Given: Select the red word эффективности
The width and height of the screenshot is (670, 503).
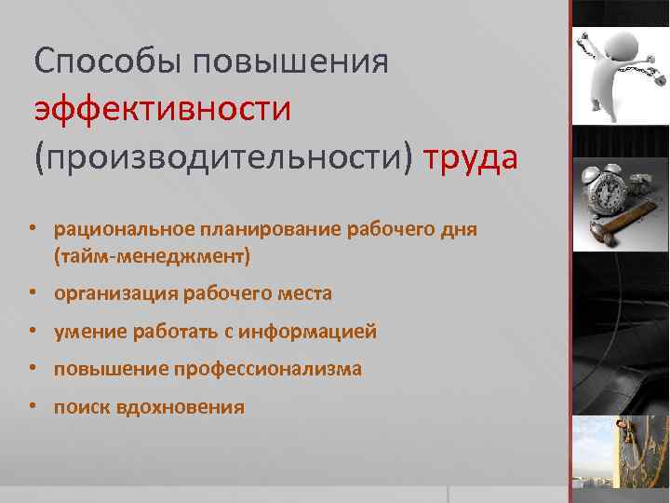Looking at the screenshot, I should click(x=163, y=110).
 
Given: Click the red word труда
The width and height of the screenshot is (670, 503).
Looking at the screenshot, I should click(x=470, y=157).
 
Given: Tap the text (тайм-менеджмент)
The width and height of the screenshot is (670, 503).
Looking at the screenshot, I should click(x=153, y=253).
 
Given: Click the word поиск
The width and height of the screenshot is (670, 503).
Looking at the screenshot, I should click(x=82, y=407).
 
